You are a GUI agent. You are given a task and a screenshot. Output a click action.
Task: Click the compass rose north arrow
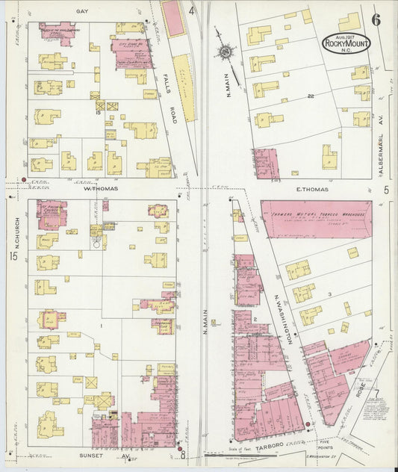click(226, 52)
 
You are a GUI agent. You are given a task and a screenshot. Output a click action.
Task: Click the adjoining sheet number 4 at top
click(191, 10)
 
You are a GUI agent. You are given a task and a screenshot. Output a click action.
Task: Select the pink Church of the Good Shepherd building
click(55, 33)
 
